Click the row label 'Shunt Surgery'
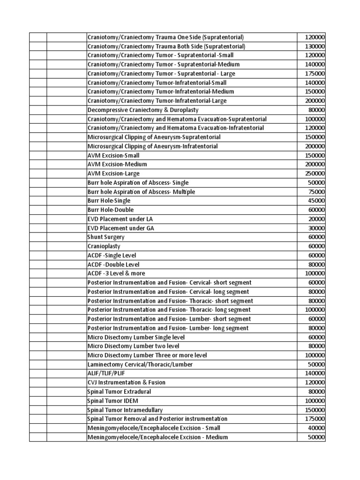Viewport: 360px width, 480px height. click(106, 237)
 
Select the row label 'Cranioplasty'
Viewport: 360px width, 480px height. click(104, 246)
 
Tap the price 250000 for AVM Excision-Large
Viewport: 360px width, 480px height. click(315, 173)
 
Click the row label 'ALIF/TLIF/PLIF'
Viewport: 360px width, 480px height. click(106, 373)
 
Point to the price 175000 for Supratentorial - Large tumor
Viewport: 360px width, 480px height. click(315, 74)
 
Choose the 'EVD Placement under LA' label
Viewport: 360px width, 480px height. click(120, 219)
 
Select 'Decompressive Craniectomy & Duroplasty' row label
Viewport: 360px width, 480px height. click(143, 110)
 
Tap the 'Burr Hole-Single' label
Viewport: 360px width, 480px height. click(109, 201)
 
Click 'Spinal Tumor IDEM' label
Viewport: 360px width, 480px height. click(112, 401)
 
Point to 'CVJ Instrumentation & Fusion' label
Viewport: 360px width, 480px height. click(126, 382)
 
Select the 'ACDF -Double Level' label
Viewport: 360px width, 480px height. click(113, 264)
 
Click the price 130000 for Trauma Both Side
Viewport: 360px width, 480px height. click(315, 46)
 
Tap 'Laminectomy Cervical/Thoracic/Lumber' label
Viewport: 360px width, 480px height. click(140, 364)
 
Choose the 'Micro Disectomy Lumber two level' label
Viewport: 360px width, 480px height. click(133, 346)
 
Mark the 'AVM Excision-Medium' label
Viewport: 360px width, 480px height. click(117, 165)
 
